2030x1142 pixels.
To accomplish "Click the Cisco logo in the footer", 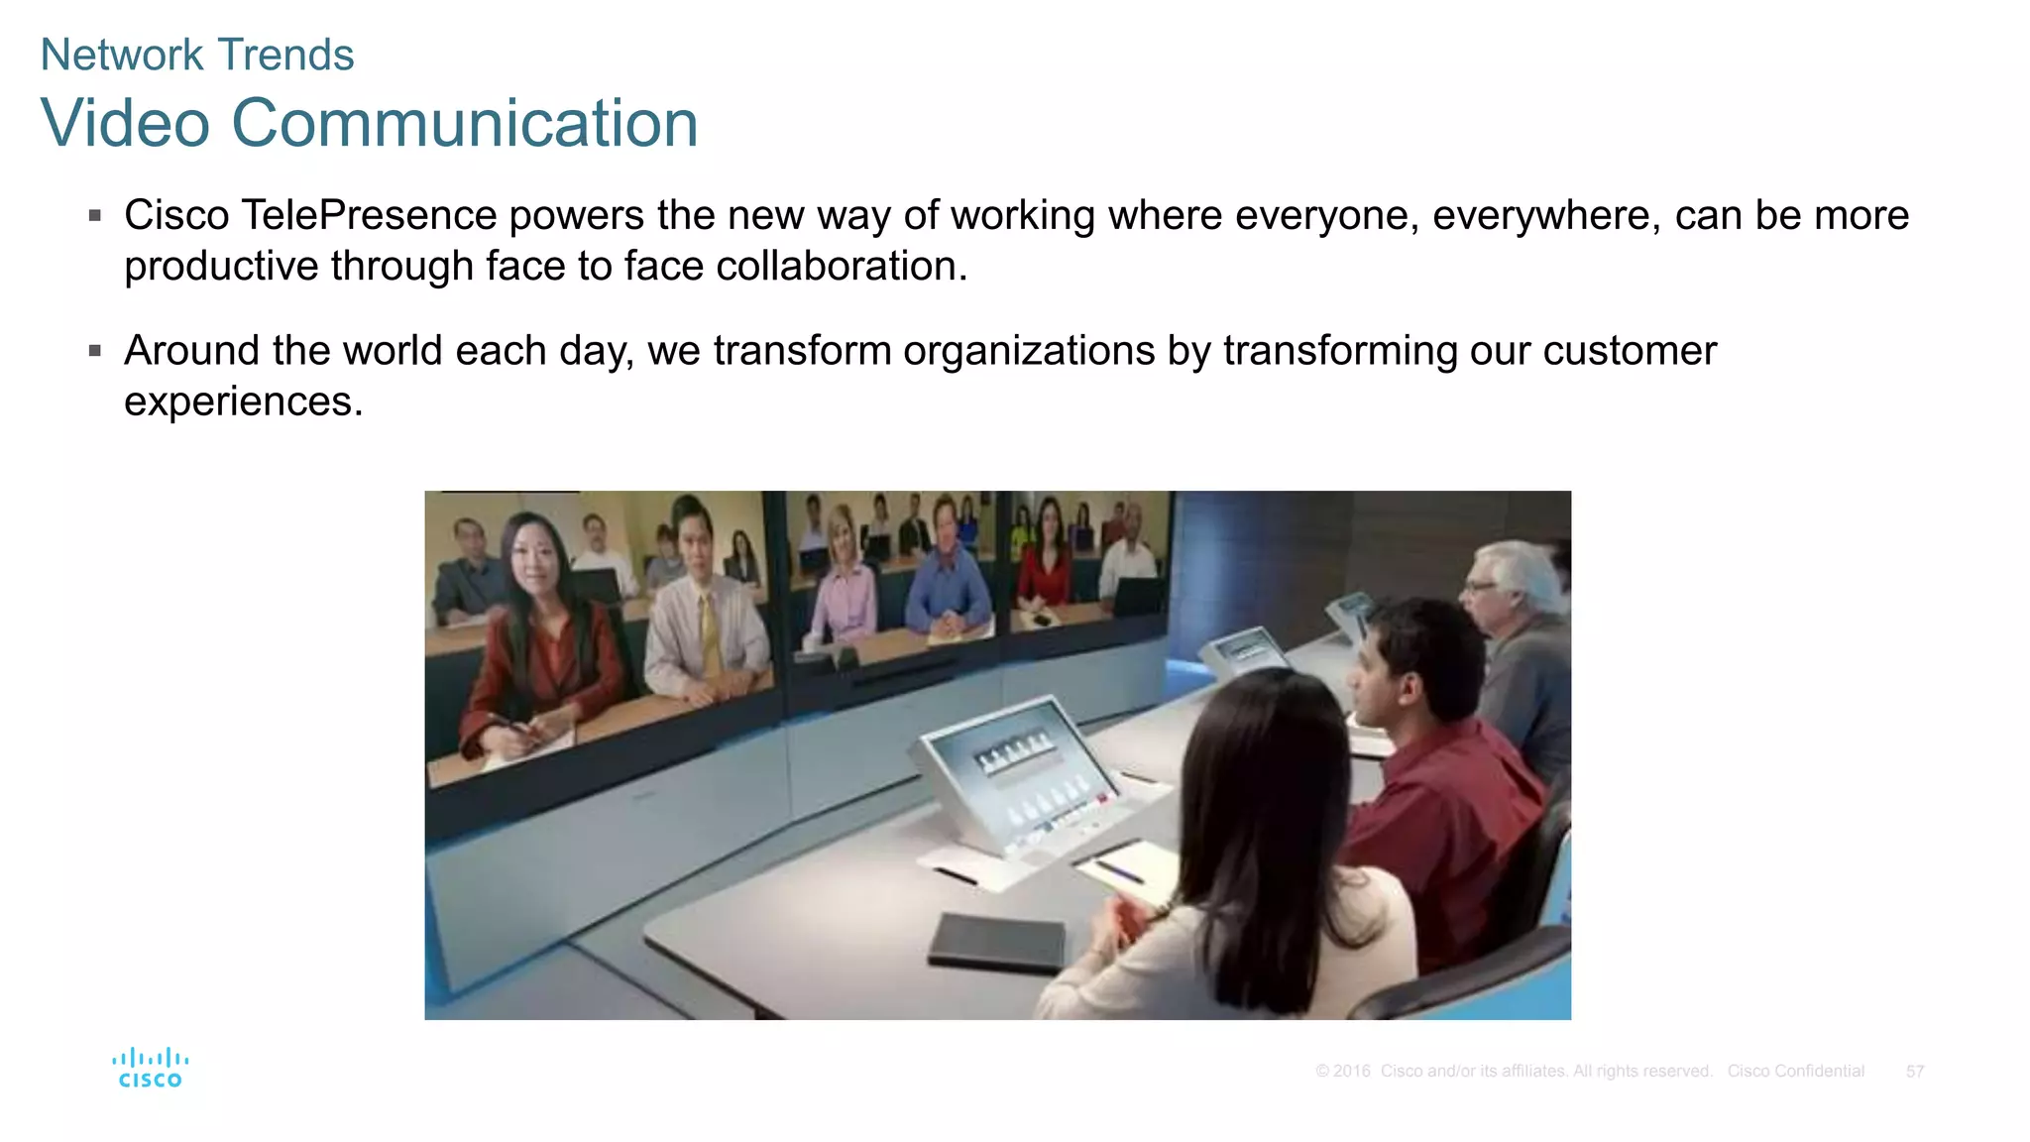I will coord(150,1068).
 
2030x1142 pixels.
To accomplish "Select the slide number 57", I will coord(1914,1072).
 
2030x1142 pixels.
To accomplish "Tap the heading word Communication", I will coord(465,124).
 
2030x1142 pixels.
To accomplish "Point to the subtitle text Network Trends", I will coord(196,55).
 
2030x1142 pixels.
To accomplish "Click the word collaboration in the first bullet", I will coord(841,266).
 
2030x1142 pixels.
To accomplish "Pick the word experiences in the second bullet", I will coord(243,401).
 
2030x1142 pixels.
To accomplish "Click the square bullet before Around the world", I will coord(95,350).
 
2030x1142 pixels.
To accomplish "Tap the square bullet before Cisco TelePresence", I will coord(95,215).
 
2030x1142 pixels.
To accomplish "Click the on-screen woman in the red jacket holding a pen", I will coord(535,644).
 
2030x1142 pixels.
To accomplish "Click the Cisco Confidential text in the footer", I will coord(1795,1072).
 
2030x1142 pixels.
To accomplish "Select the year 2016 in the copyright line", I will coord(1351,1072).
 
